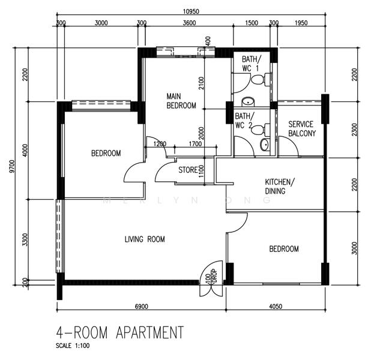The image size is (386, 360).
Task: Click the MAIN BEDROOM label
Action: pyautogui.click(x=181, y=101)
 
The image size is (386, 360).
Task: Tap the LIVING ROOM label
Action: pyautogui.click(x=145, y=239)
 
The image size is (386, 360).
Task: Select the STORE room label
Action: pyautogui.click(x=188, y=170)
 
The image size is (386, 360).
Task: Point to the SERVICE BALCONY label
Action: pyautogui.click(x=301, y=128)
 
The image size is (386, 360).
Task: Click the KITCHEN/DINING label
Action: pyautogui.click(x=280, y=187)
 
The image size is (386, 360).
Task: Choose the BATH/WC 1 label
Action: pyautogui.click(x=253, y=64)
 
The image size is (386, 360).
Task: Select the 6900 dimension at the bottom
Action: pyautogui.click(x=141, y=307)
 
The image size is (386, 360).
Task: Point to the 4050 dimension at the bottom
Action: pyautogui.click(x=276, y=307)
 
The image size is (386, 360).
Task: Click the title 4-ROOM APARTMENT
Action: pyautogui.click(x=119, y=332)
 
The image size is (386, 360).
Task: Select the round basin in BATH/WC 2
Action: pyautogui.click(x=265, y=145)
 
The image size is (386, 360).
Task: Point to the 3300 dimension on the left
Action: pyautogui.click(x=25, y=239)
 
